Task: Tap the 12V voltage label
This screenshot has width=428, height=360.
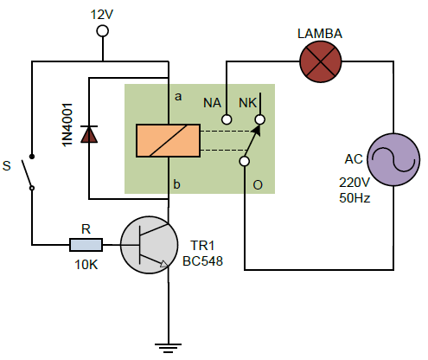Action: pyautogui.click(x=102, y=15)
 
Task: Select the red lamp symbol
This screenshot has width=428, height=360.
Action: pyautogui.click(x=321, y=61)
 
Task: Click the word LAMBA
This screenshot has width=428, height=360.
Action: pyautogui.click(x=320, y=34)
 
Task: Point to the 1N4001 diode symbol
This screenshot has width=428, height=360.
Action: pyautogui.click(x=89, y=134)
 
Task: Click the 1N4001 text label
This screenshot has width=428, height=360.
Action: pyautogui.click(x=67, y=125)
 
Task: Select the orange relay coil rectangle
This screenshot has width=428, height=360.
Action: pyautogui.click(x=168, y=140)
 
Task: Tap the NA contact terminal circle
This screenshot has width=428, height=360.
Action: pyautogui.click(x=227, y=119)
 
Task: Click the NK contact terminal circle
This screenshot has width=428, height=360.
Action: pyautogui.click(x=260, y=119)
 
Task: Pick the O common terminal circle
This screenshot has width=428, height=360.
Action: pyautogui.click(x=245, y=161)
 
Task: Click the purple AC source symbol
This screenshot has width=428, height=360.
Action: pyautogui.click(x=393, y=159)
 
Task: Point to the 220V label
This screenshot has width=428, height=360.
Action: pyautogui.click(x=355, y=183)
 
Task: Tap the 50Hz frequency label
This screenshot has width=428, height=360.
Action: pyautogui.click(x=355, y=198)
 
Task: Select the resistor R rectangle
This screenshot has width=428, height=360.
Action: pyautogui.click(x=86, y=245)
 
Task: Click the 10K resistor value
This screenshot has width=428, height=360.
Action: pyautogui.click(x=86, y=265)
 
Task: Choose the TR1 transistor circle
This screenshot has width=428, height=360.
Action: pyautogui.click(x=149, y=245)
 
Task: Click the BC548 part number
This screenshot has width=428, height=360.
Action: pyautogui.click(x=202, y=261)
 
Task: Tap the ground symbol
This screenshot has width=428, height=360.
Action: pyautogui.click(x=168, y=348)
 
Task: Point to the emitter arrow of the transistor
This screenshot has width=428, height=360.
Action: pyautogui.click(x=163, y=264)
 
